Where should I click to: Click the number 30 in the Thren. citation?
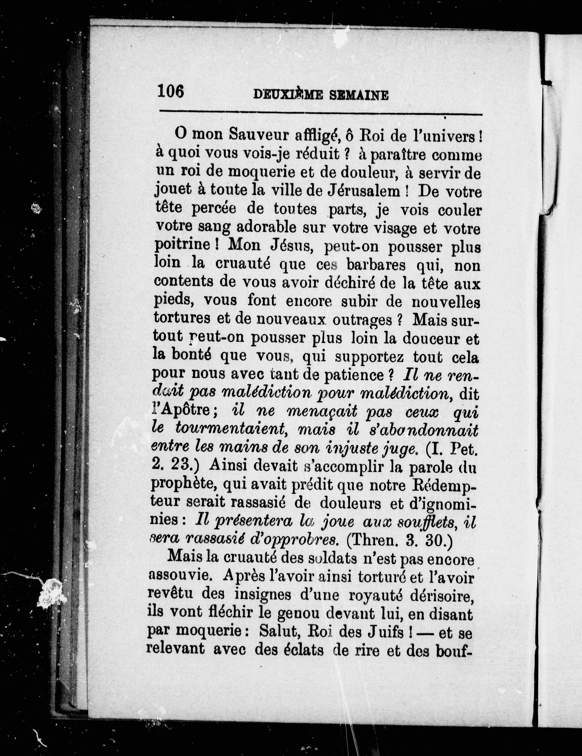click(x=438, y=540)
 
